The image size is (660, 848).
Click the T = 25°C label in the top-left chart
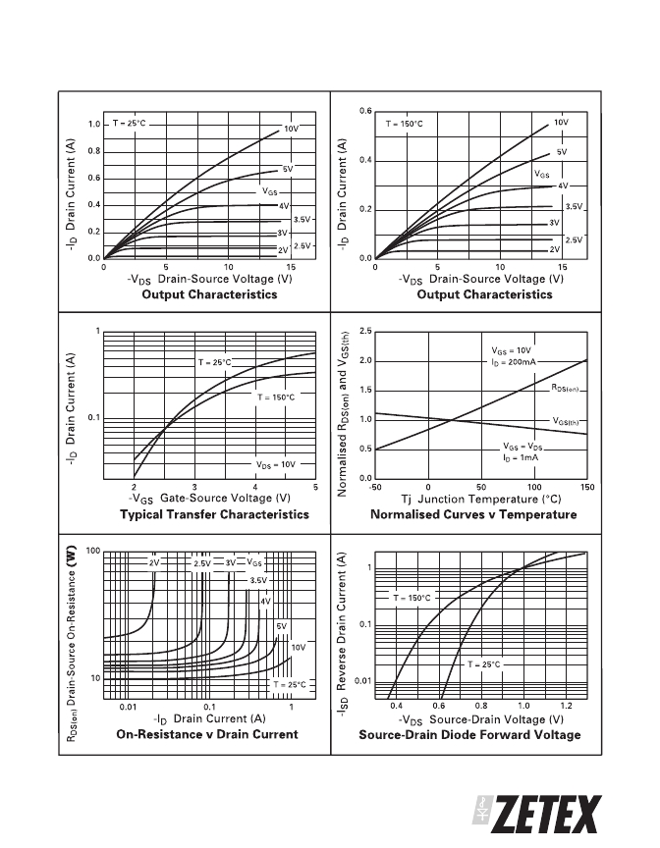pos(130,124)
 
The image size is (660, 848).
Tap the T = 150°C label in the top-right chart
pos(404,124)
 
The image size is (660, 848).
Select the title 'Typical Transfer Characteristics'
pos(214,514)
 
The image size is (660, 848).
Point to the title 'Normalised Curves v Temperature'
pos(473,514)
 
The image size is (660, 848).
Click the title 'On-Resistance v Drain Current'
pos(207,734)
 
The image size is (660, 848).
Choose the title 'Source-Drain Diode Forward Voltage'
pos(469,735)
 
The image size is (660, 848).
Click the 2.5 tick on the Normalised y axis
pos(365,332)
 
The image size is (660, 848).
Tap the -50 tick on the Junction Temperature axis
pos(375,487)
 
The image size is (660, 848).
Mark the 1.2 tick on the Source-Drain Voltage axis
pos(566,706)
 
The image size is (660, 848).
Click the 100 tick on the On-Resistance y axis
pos(93,551)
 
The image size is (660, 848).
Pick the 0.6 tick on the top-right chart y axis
pos(365,112)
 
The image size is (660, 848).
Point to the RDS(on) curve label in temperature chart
pos(566,388)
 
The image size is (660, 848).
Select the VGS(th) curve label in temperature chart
pos(566,421)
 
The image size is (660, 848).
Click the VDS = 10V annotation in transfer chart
pos(276,464)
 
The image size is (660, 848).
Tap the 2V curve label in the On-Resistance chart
pos(154,563)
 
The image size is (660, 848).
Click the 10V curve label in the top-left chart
pos(291,129)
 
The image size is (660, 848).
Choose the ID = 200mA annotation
pos(514,362)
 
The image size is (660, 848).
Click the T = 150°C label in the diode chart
pos(412,598)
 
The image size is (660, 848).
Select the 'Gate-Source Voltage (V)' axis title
pos(225,498)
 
